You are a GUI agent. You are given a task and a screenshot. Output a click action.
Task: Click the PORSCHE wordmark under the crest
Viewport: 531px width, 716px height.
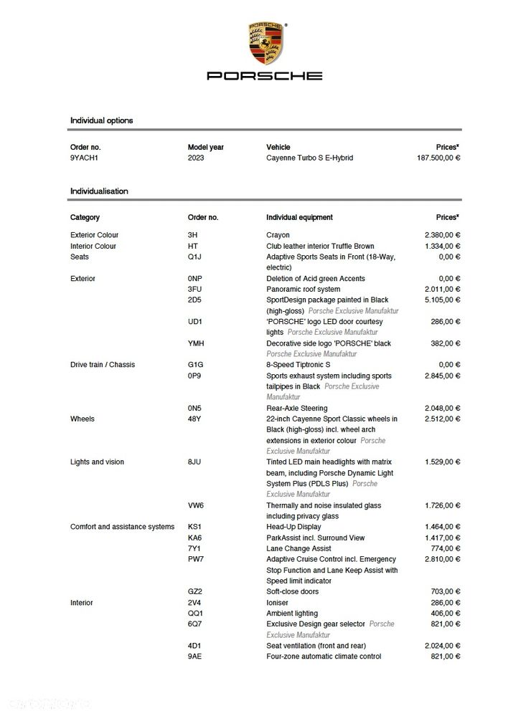point(265,75)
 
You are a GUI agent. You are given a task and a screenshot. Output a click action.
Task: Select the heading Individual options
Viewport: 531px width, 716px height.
point(101,120)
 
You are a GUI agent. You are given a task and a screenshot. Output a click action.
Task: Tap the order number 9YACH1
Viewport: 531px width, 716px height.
point(85,158)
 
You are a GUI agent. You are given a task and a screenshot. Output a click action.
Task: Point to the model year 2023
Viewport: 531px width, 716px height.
point(196,158)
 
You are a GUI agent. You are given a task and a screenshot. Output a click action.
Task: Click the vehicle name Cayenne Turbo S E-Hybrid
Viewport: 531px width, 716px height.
point(309,158)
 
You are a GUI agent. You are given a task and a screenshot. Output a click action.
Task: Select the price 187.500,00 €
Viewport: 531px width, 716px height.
point(438,158)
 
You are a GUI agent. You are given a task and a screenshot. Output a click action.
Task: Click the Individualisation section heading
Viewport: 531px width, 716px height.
point(99,191)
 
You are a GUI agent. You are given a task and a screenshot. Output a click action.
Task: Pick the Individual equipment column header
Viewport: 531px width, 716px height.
point(299,217)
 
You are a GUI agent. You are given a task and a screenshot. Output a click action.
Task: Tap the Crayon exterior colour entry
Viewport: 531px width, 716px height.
point(278,235)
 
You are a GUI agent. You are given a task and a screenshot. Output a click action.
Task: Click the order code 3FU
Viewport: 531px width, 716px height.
point(194,289)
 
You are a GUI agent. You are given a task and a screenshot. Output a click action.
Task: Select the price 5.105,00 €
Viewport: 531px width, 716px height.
point(442,300)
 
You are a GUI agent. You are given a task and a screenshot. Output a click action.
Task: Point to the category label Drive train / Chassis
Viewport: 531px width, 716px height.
point(103,365)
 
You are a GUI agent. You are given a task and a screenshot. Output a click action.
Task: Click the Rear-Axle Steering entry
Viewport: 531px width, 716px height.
point(296,408)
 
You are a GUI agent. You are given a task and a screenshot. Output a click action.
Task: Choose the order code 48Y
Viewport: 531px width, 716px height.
point(194,419)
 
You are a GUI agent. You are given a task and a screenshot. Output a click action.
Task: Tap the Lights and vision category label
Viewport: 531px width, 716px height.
point(97,462)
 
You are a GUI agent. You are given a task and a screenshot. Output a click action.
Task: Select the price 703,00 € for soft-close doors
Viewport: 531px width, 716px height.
point(446,591)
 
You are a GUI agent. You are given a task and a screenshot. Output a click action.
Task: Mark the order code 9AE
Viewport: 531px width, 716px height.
point(194,657)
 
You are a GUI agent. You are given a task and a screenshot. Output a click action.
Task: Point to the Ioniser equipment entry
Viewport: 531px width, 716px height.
point(278,603)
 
